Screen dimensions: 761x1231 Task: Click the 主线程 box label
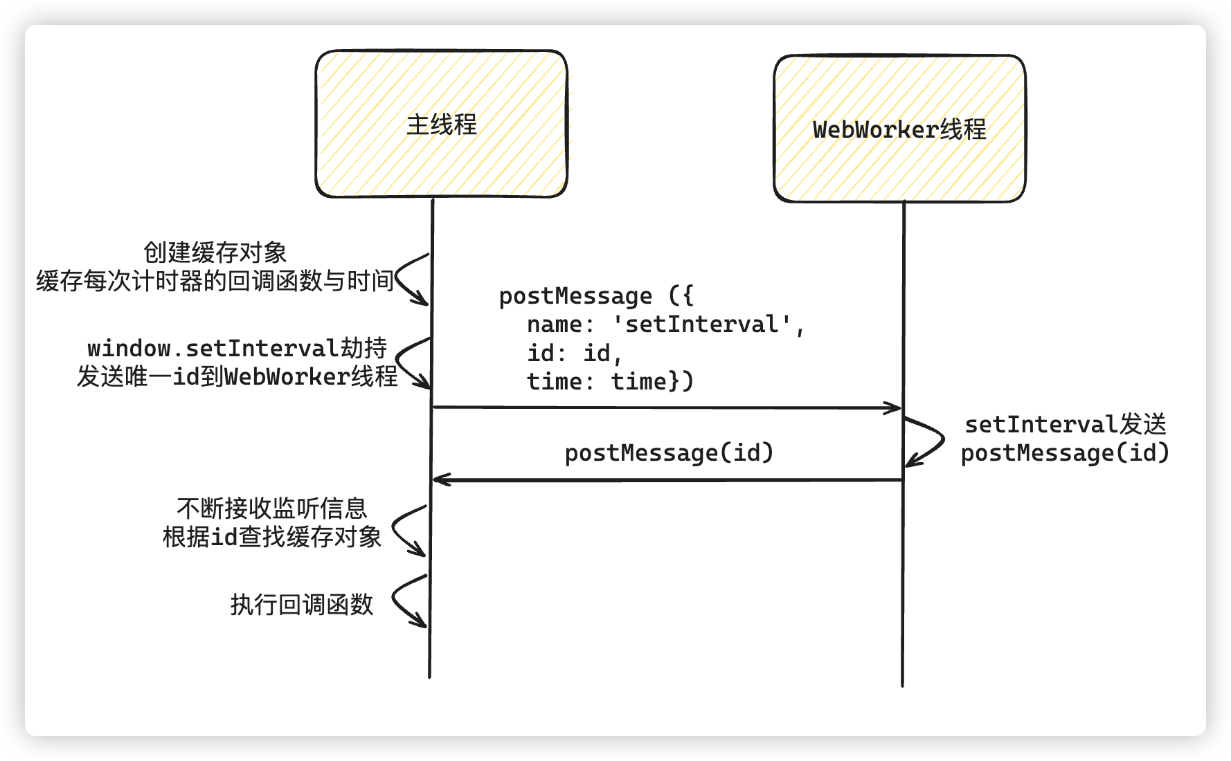pyautogui.click(x=441, y=125)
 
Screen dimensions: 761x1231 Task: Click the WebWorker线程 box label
pyautogui.click(x=899, y=129)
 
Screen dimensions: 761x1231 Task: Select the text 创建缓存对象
pyautogui.click(x=215, y=253)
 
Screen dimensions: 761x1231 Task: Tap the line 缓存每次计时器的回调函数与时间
pyautogui.click(x=215, y=281)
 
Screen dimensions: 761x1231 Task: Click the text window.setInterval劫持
pyautogui.click(x=237, y=347)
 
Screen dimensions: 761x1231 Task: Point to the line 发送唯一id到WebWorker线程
pyautogui.click(x=237, y=376)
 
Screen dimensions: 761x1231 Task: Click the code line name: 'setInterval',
pyautogui.click(x=665, y=324)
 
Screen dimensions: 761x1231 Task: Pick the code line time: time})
pyautogui.click(x=609, y=382)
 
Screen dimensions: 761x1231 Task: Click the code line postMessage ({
pyautogui.click(x=595, y=296)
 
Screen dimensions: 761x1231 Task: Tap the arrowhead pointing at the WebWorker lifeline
pyautogui.click(x=895, y=408)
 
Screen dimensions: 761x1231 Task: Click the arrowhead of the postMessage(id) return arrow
pyautogui.click(x=440, y=479)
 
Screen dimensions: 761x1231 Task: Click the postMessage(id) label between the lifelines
pyautogui.click(x=668, y=453)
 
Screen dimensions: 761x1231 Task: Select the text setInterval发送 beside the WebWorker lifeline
pyautogui.click(x=1065, y=424)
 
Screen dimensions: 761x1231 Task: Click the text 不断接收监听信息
pyautogui.click(x=271, y=508)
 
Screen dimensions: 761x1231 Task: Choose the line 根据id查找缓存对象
pyautogui.click(x=271, y=537)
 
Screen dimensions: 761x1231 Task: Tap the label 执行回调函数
pyautogui.click(x=301, y=605)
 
